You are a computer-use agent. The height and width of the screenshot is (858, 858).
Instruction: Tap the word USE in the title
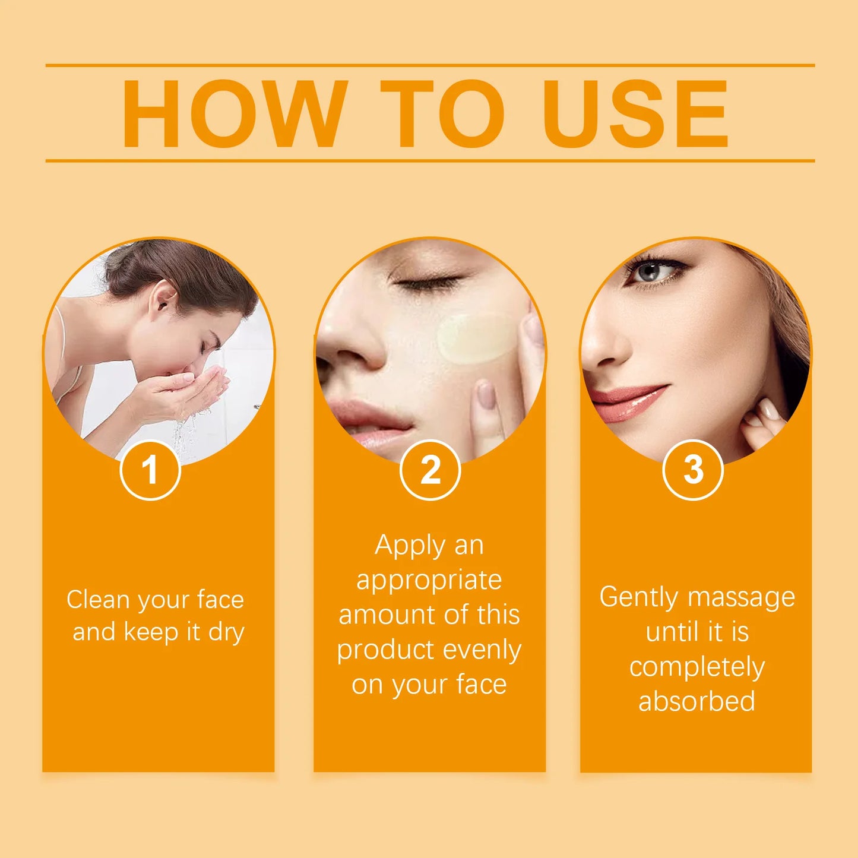tap(635, 113)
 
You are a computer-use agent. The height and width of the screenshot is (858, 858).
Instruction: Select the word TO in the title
tap(442, 113)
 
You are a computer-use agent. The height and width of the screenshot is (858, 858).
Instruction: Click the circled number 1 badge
tap(150, 470)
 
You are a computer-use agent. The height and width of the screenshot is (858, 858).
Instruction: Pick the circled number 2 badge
tap(430, 470)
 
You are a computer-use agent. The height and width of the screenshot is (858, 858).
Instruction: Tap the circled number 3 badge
tap(693, 470)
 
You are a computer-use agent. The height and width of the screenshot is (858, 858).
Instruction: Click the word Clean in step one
tap(98, 600)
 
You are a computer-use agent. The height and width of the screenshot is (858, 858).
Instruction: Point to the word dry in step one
tap(226, 632)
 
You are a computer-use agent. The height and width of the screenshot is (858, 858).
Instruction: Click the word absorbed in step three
tap(696, 701)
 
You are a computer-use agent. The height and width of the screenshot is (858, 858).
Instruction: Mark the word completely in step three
tap(696, 667)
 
